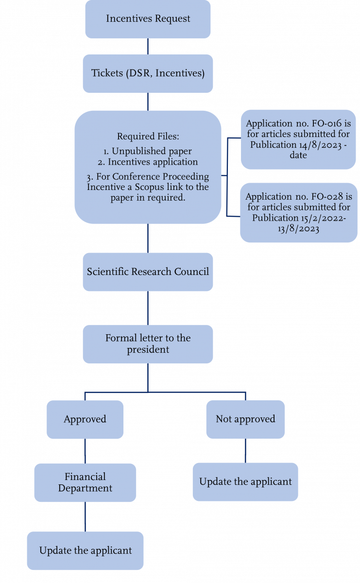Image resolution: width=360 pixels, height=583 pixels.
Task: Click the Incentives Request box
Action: click(x=148, y=19)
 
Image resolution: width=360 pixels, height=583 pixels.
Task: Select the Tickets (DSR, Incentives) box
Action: click(x=148, y=73)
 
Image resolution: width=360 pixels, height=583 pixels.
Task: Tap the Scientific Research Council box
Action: click(x=148, y=272)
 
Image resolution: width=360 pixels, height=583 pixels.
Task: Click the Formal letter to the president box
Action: click(x=148, y=344)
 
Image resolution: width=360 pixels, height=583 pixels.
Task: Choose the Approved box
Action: click(x=85, y=419)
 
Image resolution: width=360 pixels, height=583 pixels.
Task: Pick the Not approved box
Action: click(x=245, y=419)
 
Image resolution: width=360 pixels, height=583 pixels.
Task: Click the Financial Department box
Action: click(x=85, y=482)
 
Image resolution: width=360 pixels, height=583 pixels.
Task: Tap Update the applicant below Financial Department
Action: click(x=85, y=551)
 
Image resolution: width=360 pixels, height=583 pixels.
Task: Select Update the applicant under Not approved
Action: click(x=245, y=482)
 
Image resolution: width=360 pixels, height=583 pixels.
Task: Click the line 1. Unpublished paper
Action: click(x=148, y=152)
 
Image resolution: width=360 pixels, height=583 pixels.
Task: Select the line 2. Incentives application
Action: click(x=148, y=162)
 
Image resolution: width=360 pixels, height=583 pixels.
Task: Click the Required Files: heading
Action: click(x=148, y=137)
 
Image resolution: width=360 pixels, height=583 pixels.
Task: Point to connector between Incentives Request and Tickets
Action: click(x=148, y=46)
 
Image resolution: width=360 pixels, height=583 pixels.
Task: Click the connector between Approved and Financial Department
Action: click(x=85, y=451)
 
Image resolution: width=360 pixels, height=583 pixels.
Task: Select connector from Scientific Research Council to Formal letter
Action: click(x=148, y=308)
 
